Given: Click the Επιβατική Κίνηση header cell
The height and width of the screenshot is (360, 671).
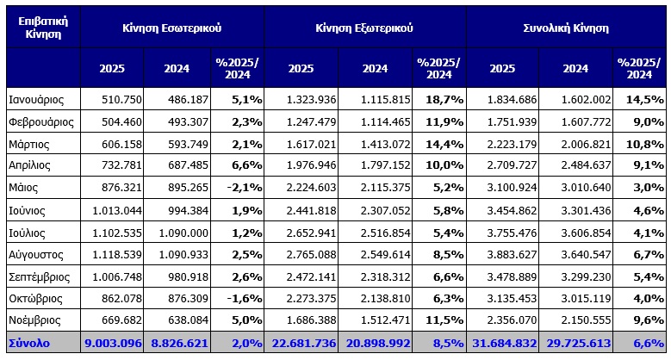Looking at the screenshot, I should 42,27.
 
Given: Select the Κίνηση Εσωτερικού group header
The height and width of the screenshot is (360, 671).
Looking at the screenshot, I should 172,27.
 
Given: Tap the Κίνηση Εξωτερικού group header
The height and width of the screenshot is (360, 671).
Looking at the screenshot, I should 364,27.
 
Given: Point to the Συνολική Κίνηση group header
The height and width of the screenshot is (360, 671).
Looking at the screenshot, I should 566,27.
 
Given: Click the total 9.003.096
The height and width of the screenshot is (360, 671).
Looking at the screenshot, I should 112,343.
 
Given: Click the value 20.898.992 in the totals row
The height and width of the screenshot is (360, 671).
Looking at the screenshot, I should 374,343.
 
